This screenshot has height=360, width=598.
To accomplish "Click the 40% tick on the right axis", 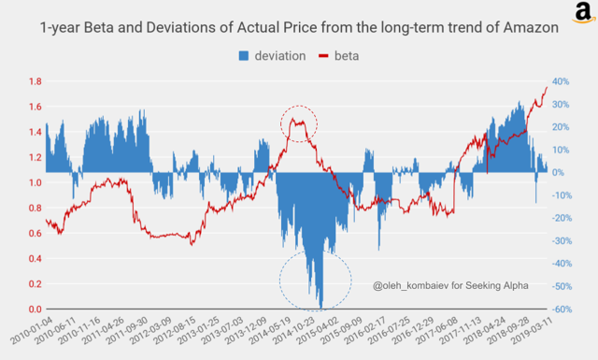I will (x=562, y=81).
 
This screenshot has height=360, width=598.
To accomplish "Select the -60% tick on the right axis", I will (x=564, y=310).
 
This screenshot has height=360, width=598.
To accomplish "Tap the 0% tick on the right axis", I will (x=560, y=173).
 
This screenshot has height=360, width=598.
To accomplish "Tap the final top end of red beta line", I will (x=547, y=87).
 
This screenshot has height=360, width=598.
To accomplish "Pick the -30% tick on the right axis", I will (x=564, y=241).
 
